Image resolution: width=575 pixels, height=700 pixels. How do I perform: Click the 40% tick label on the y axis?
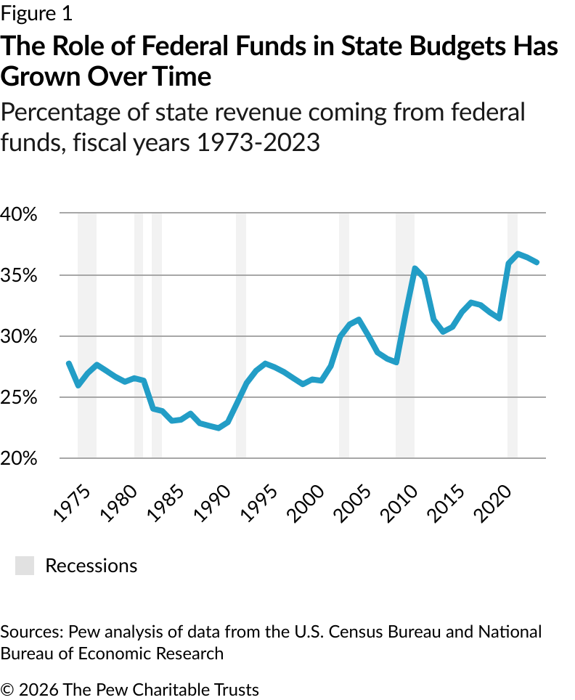point(18,214)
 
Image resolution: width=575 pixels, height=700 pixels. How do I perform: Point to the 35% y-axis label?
point(18,275)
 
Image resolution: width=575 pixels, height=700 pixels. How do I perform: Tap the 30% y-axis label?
point(18,336)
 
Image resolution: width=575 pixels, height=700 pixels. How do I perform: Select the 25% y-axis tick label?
point(18,397)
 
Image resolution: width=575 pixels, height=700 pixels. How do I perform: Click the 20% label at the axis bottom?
point(18,458)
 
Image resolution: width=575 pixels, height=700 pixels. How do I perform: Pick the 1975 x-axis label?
point(72,503)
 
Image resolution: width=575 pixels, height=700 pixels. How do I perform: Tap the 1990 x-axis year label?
point(213,503)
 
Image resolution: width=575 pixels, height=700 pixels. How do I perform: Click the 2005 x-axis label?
point(353,503)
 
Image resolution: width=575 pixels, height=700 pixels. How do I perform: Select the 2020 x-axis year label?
point(493,503)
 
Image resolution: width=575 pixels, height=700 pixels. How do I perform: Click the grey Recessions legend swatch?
point(25,566)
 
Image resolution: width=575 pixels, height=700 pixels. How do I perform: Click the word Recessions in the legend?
point(91,566)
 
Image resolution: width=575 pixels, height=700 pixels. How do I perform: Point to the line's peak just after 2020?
point(518,254)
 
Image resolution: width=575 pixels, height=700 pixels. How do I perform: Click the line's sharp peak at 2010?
point(415,268)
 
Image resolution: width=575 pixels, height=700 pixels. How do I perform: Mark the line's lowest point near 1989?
point(219,428)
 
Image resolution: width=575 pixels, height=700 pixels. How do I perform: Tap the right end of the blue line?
point(537,262)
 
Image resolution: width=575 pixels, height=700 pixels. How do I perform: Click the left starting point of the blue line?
point(69,363)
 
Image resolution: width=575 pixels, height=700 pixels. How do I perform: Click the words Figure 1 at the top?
point(36,13)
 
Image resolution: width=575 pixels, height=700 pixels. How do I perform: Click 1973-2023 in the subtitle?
point(258,143)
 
